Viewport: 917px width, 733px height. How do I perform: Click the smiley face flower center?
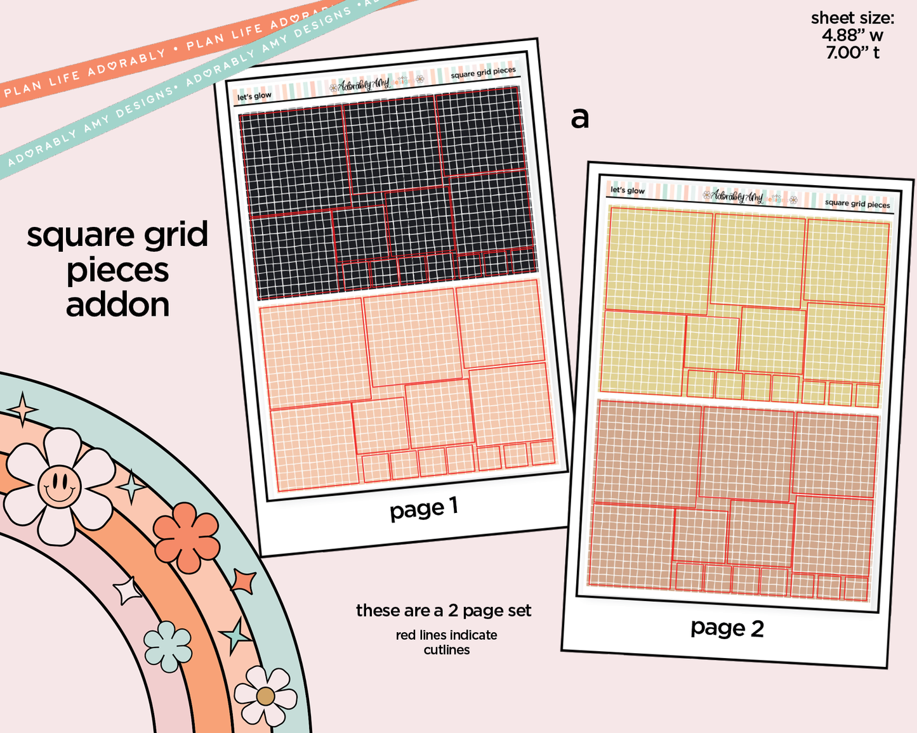[x=59, y=486]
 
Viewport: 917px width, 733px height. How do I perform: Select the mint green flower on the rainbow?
[x=168, y=646]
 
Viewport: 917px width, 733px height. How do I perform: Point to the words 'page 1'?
[x=423, y=509]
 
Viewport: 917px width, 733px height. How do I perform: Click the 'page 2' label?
[x=727, y=628]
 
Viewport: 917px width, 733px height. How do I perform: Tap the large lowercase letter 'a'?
[x=579, y=117]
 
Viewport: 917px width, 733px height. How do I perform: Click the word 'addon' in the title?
[x=117, y=305]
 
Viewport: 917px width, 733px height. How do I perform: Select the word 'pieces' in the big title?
[x=117, y=271]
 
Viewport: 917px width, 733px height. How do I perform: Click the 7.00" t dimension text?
[x=852, y=53]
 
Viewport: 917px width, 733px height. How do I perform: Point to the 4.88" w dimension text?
[x=852, y=36]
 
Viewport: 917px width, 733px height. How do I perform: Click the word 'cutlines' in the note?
[x=447, y=650]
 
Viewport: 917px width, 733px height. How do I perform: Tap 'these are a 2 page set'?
[x=444, y=611]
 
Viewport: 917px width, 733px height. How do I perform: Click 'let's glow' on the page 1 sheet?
[x=254, y=96]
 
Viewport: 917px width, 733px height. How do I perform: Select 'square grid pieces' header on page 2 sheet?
[x=857, y=204]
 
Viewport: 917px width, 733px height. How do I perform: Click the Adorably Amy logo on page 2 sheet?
[x=737, y=196]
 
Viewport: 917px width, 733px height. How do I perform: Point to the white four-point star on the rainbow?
[x=129, y=591]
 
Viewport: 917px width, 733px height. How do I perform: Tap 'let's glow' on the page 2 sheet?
[x=627, y=190]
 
